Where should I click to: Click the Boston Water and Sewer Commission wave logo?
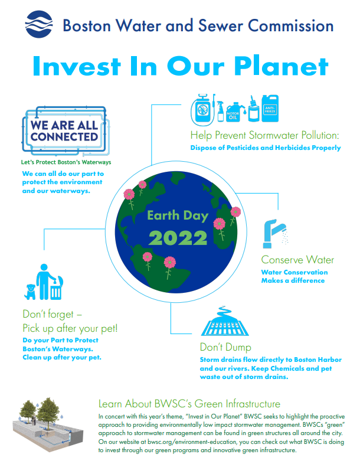point(39,24)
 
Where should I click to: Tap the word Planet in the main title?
point(282,66)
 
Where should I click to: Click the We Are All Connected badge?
point(66,131)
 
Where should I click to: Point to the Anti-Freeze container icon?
point(270,108)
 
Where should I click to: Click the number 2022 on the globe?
point(178,238)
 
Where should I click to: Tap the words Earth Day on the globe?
point(178,215)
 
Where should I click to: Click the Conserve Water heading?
point(297,260)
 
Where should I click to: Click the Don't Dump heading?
point(225,347)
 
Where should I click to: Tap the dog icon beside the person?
point(30,292)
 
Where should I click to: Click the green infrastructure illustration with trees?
point(48,424)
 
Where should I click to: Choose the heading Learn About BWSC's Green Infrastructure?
point(189,404)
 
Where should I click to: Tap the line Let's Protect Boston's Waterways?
point(66,162)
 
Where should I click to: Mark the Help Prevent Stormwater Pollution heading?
point(264,135)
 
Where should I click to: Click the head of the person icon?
point(44,267)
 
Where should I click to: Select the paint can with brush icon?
point(254,109)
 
